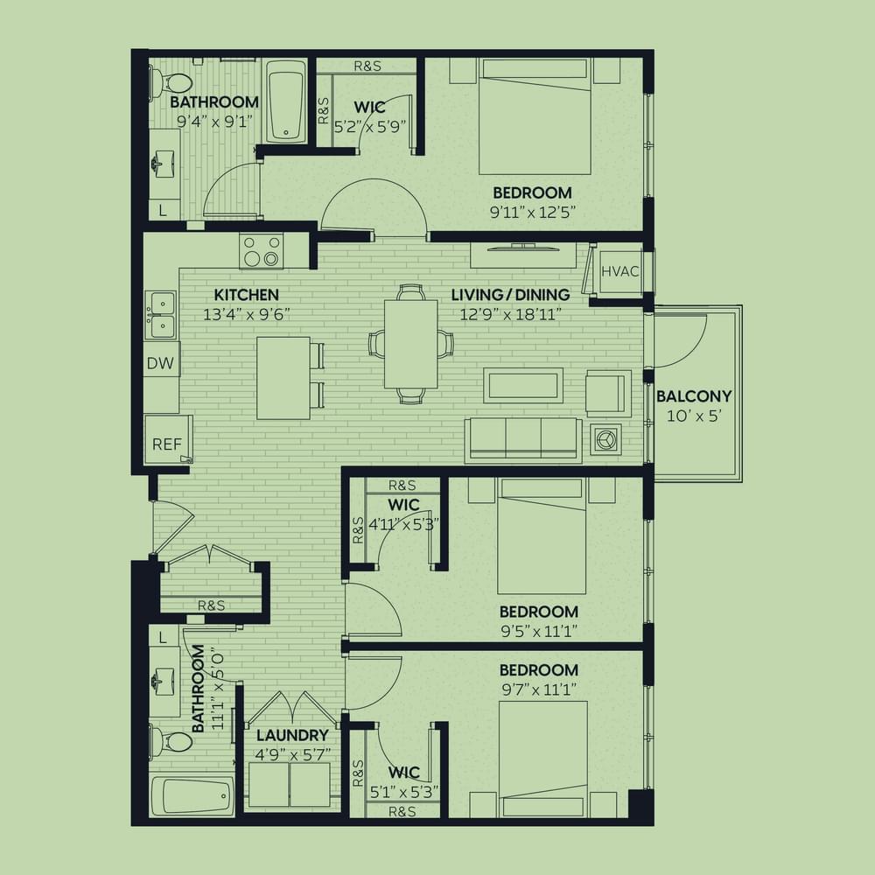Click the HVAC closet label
point(620,272)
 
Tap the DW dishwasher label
point(160,363)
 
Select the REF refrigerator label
point(167,444)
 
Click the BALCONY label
point(694,396)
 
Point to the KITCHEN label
point(246,295)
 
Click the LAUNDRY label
point(292,735)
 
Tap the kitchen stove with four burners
point(261,251)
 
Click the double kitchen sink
point(162,315)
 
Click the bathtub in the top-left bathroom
point(286,101)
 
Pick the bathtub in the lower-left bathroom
point(192,795)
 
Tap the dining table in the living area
point(410,344)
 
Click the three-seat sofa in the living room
point(523,440)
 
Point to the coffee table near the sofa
point(523,385)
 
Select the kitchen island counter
point(283,378)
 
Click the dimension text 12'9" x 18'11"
point(510,315)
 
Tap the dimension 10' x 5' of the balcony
point(695,416)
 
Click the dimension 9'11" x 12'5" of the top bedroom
point(532,212)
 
